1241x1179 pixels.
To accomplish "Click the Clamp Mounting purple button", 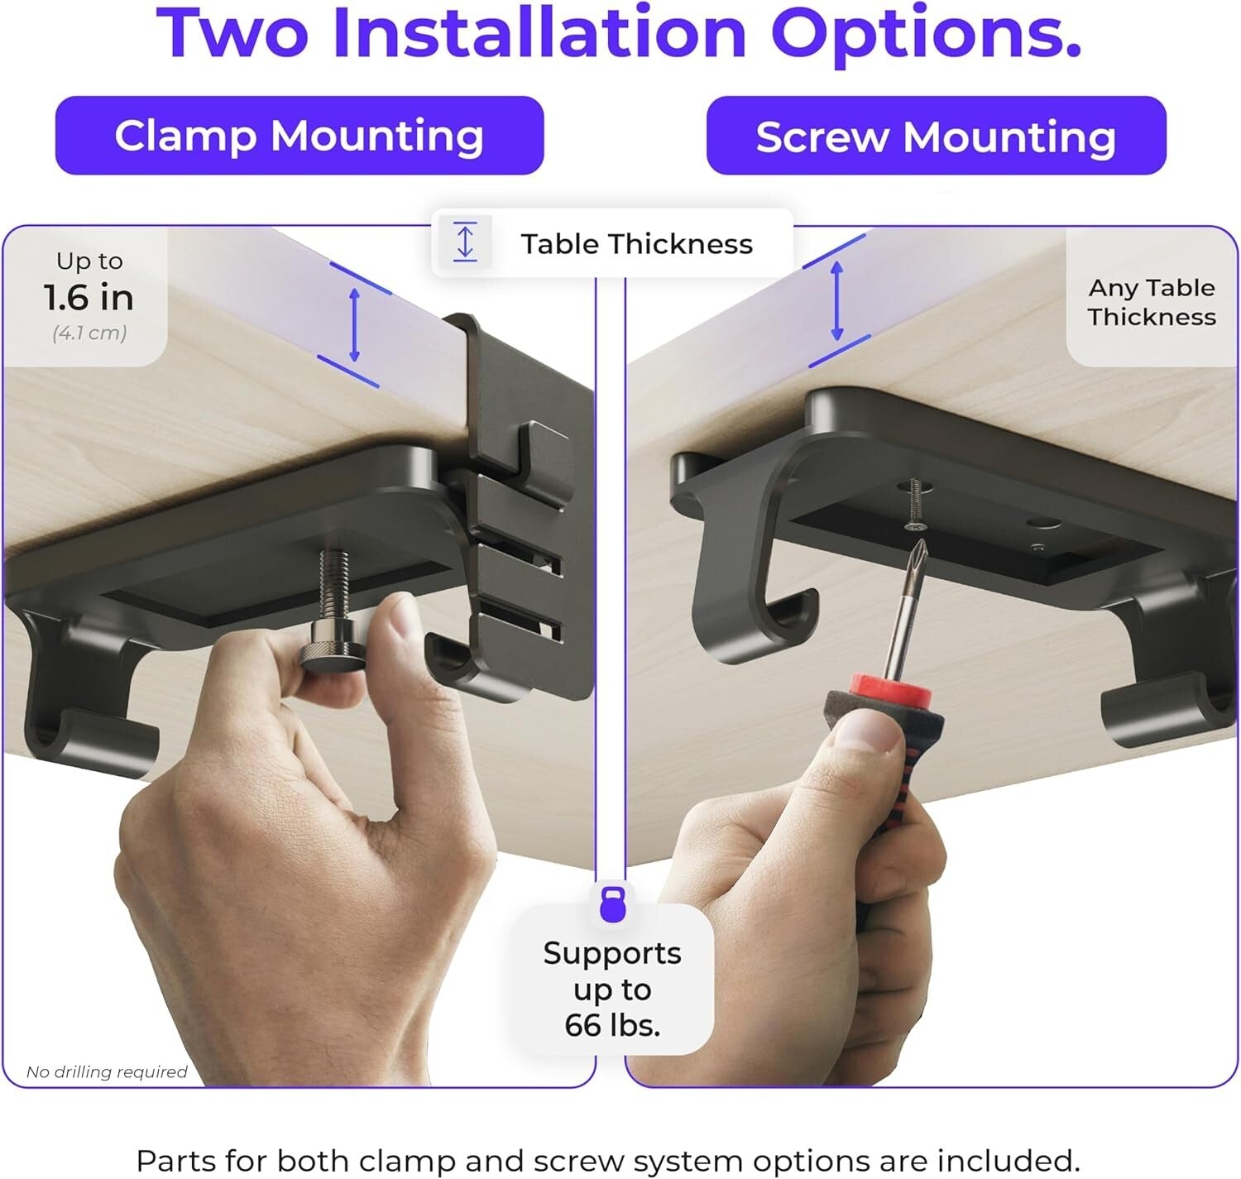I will (x=299, y=136).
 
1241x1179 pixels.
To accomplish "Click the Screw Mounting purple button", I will (x=936, y=136).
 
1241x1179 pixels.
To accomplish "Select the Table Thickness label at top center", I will (x=636, y=244).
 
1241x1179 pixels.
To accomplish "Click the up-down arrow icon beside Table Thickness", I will (x=465, y=242).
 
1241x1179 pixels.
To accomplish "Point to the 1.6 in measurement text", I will (x=89, y=298).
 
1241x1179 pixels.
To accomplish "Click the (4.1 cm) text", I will (x=89, y=333).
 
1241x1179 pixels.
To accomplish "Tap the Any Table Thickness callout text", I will (x=1151, y=302).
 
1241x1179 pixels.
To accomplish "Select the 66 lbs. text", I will (x=612, y=1025).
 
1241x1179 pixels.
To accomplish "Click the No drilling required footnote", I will (x=107, y=1072).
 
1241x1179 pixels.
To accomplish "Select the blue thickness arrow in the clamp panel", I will (x=354, y=324).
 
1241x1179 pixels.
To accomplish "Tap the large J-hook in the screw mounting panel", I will (x=749, y=579).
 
